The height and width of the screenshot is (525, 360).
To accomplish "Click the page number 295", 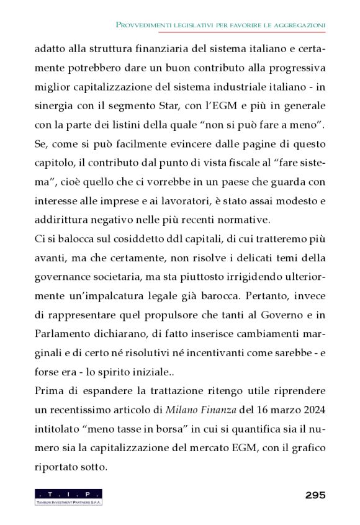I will pyautogui.click(x=315, y=495).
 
